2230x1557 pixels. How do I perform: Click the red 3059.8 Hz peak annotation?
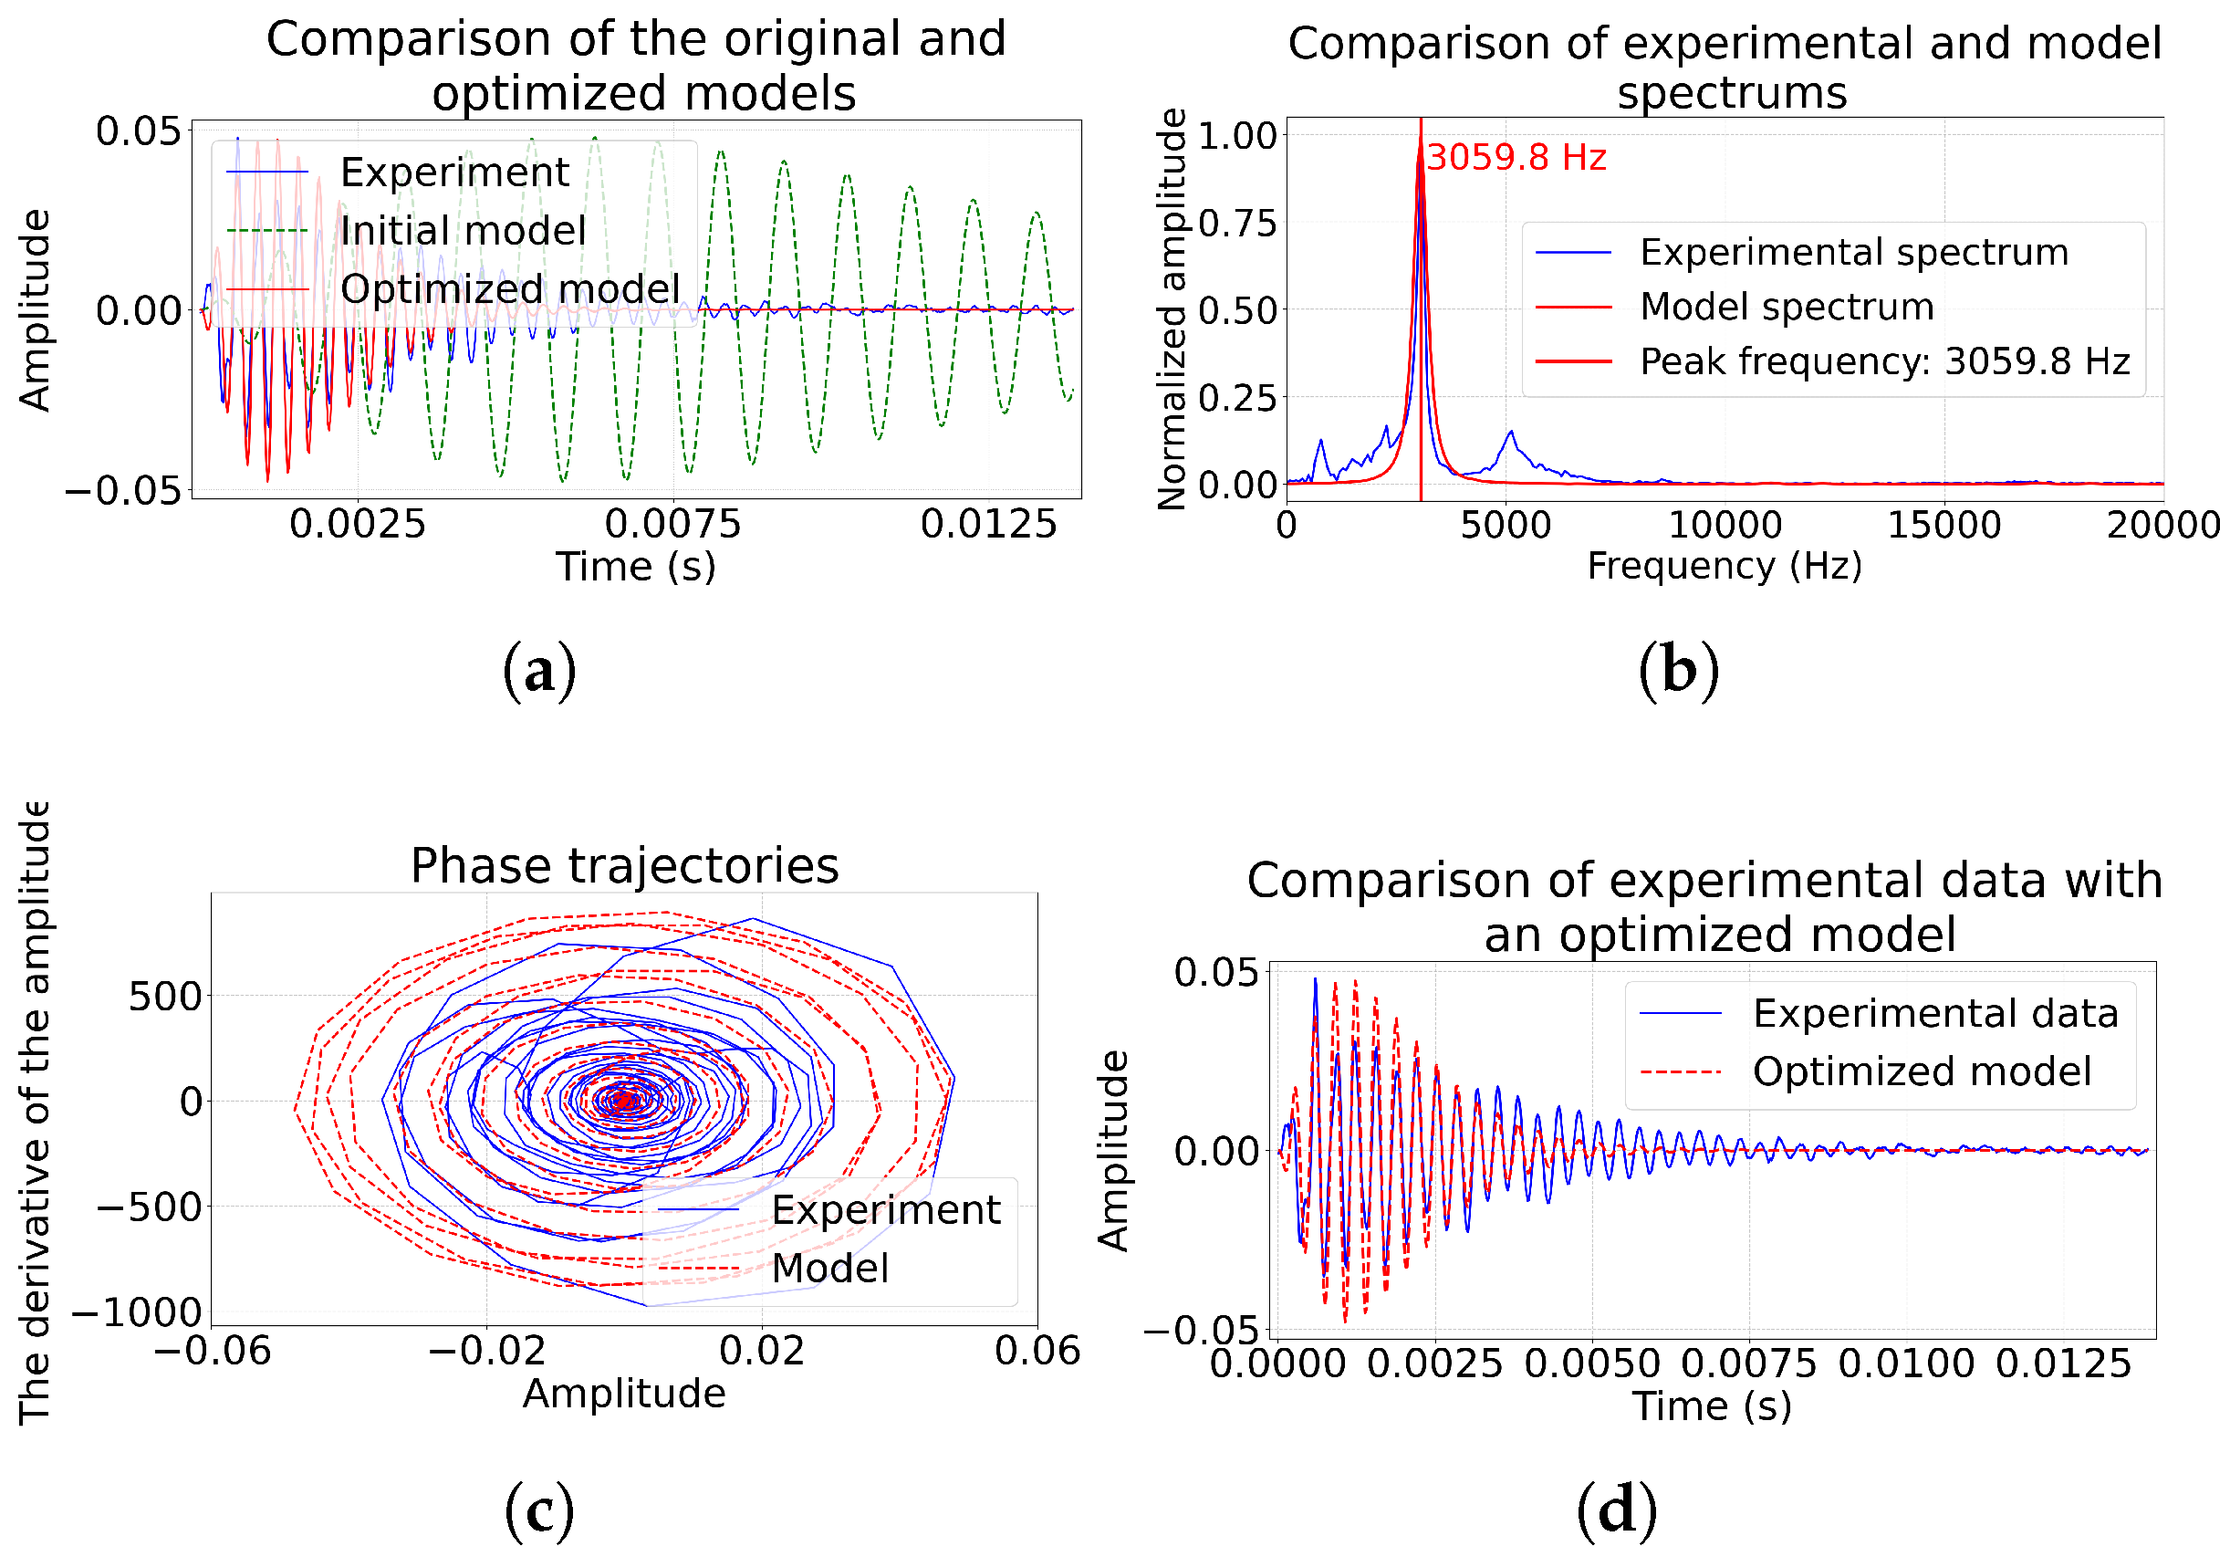(x=1516, y=157)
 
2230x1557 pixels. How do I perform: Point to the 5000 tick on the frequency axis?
(x=1506, y=526)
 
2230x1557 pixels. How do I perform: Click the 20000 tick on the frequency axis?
(x=2162, y=526)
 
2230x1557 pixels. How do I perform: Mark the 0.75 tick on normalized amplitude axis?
(x=1237, y=224)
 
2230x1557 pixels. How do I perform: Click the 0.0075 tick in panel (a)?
(x=672, y=525)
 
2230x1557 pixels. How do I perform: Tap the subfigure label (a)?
(x=539, y=670)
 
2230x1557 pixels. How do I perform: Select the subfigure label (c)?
(x=539, y=1510)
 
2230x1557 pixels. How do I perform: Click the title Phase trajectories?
(x=624, y=865)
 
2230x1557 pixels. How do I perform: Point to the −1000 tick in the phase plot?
(x=137, y=1312)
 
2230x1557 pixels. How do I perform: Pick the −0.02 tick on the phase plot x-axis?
(x=486, y=1351)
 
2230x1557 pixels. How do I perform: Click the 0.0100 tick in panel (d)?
(x=1905, y=1364)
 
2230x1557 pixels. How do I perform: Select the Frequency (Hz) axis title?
(x=1724, y=566)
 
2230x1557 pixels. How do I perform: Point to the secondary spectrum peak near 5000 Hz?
(x=1510, y=433)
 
